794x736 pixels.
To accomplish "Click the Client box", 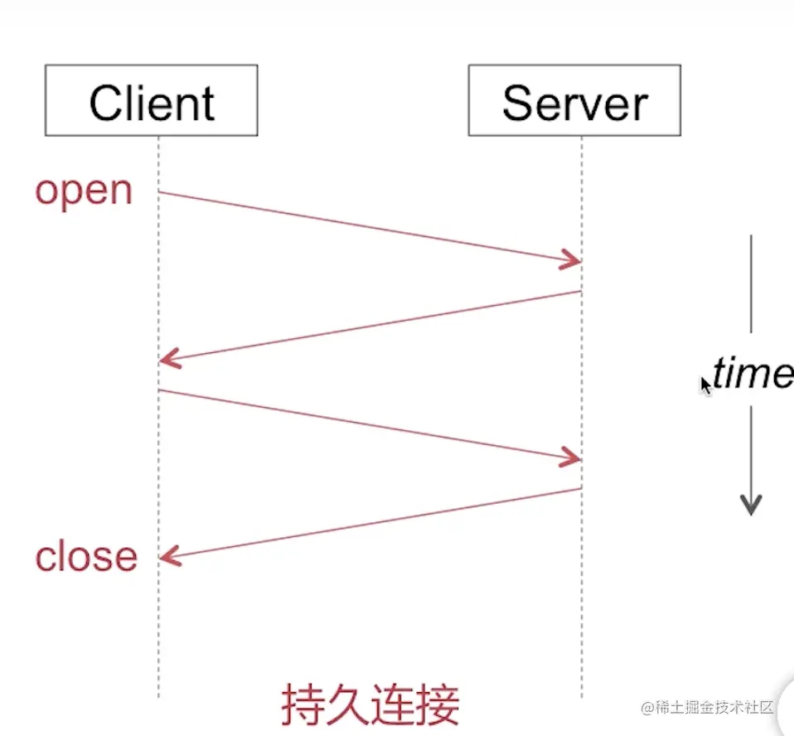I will pyautogui.click(x=151, y=100).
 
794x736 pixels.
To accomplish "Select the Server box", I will pyautogui.click(x=574, y=100).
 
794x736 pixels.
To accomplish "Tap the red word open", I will pyautogui.click(x=84, y=191).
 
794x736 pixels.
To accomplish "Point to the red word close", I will pyautogui.click(x=86, y=556).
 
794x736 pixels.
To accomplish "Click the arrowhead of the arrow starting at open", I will pyautogui.click(x=571, y=259).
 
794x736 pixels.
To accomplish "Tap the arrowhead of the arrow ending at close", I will pyautogui.click(x=169, y=558).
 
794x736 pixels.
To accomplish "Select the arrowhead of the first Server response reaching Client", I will pyautogui.click(x=169, y=360).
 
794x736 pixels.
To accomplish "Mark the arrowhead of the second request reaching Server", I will pyautogui.click(x=571, y=458).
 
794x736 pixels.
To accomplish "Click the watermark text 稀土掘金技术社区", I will pyautogui.click(x=714, y=708).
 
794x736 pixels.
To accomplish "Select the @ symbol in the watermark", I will pyautogui.click(x=647, y=708).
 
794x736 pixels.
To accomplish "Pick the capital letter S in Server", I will pyautogui.click(x=519, y=104).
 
